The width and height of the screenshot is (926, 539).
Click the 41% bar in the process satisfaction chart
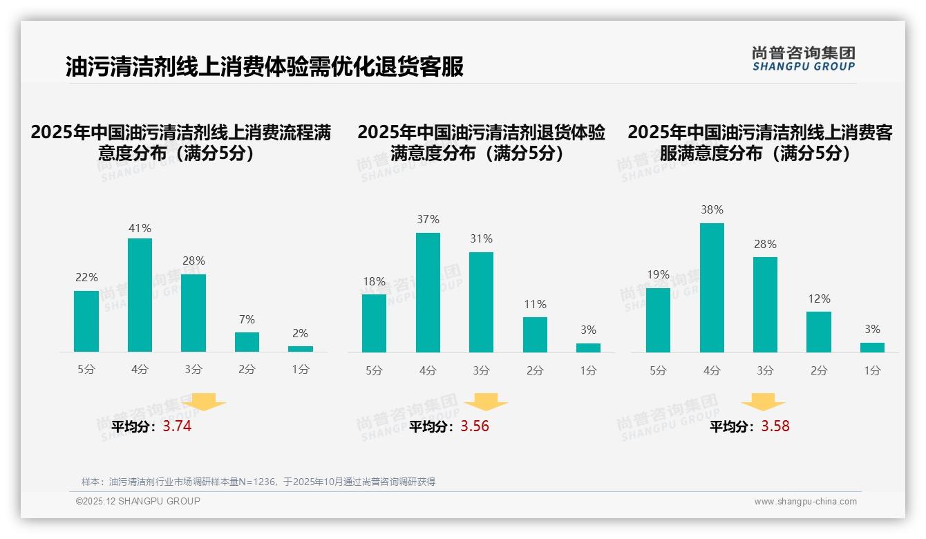click(140, 295)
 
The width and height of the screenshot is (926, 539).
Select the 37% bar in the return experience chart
click(428, 292)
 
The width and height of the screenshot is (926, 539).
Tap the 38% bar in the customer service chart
click(712, 287)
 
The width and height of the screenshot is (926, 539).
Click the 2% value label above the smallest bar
click(300, 333)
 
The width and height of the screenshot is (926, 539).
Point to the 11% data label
click(535, 304)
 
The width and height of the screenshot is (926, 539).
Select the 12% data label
click(819, 299)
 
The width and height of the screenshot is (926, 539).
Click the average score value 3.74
click(177, 426)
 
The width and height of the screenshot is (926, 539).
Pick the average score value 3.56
click(475, 426)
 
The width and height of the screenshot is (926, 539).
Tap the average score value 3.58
click(775, 426)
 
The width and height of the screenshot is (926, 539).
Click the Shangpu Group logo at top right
click(803, 59)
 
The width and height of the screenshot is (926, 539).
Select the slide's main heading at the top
click(264, 67)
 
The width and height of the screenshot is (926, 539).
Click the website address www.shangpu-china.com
click(805, 502)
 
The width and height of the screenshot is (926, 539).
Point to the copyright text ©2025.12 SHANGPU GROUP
click(138, 501)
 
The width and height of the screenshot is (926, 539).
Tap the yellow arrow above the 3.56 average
click(486, 401)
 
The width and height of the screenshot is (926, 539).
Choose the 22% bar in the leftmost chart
click(86, 321)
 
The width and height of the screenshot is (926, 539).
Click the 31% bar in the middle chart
click(481, 302)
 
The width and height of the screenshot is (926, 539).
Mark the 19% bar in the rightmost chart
click(658, 320)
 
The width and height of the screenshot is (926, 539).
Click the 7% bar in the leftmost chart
click(247, 342)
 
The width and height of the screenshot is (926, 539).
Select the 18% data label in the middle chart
click(374, 281)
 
